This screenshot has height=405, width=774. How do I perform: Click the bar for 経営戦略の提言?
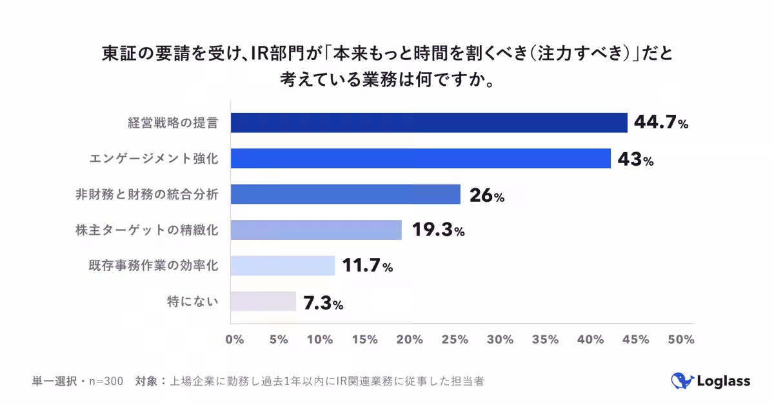[429, 123]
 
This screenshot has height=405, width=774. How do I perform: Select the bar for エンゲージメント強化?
[421, 159]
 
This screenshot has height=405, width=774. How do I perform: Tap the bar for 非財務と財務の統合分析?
[345, 194]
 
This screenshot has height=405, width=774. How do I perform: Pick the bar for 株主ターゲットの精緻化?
[316, 230]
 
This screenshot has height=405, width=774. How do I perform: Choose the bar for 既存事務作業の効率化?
[283, 266]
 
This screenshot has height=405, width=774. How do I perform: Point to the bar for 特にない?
[263, 302]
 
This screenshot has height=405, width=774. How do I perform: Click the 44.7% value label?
[661, 123]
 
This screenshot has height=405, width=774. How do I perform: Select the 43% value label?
[635, 159]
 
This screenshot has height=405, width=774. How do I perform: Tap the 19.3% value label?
[438, 230]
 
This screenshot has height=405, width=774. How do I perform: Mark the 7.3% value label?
[323, 302]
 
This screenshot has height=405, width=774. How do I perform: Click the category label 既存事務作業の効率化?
[153, 266]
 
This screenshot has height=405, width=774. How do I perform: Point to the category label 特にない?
[192, 302]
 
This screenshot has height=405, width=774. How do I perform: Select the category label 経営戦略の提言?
[172, 123]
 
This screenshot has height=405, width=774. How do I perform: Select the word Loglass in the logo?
[723, 381]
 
